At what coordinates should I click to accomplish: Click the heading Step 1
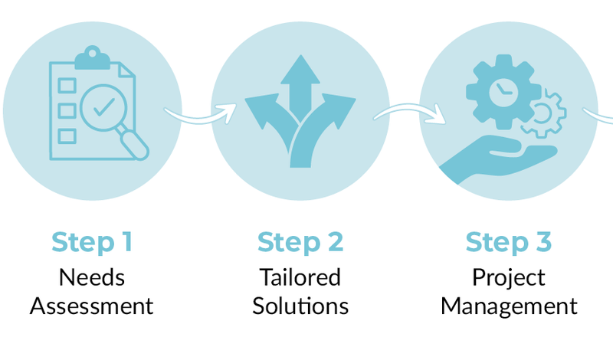click(92, 242)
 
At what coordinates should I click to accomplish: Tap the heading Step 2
click(300, 242)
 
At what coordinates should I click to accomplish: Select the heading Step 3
click(509, 242)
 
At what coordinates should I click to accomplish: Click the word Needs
click(92, 276)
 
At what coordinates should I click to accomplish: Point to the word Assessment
click(92, 306)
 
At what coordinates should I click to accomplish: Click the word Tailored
click(300, 276)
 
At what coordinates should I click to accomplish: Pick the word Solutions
click(300, 306)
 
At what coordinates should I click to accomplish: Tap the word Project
click(509, 276)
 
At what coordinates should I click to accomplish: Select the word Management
click(509, 306)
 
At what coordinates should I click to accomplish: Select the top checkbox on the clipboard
click(67, 82)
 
